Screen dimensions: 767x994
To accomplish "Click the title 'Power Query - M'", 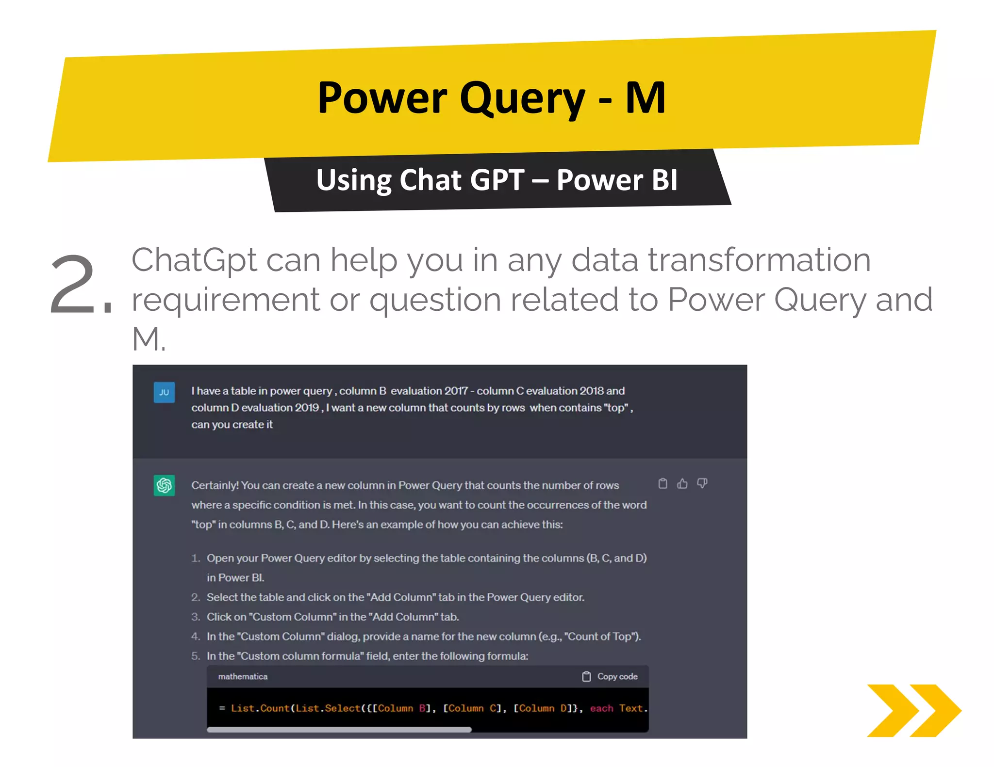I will point(491,98).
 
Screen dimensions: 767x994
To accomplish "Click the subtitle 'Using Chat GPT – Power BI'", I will point(497,180).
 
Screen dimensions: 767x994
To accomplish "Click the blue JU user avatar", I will point(164,392).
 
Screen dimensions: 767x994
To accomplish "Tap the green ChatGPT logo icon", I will point(164,485).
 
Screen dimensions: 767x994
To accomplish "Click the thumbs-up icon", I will point(682,483).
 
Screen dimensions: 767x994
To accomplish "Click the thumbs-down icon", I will point(702,483).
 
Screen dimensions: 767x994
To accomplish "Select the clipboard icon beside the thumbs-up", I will point(663,483).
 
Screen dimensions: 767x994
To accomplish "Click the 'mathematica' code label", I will point(243,676).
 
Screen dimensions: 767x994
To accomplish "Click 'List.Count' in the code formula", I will point(260,708).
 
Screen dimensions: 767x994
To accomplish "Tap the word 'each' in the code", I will point(601,708).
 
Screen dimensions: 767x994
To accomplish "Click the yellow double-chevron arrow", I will point(913,710).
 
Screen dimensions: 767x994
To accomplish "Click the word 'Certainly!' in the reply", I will point(215,485).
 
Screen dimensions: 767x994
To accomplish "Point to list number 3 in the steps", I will point(195,617).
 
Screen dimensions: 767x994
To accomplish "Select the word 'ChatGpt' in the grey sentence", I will point(194,260).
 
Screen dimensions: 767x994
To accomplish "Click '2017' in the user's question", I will point(456,391).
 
